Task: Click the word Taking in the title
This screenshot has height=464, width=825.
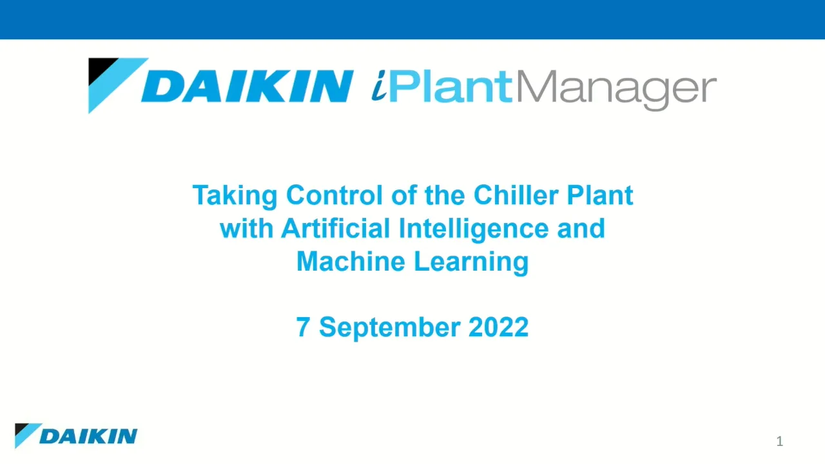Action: (235, 195)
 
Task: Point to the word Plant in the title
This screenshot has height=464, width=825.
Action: (600, 195)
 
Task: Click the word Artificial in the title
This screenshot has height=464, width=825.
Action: (336, 229)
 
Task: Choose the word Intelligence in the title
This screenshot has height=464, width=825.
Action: (474, 229)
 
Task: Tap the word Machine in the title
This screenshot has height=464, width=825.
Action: (351, 262)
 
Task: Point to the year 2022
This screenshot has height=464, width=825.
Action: (498, 327)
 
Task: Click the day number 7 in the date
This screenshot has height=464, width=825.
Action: (303, 327)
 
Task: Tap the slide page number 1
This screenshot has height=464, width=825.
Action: (779, 441)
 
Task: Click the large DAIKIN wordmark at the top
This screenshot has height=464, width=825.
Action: (247, 86)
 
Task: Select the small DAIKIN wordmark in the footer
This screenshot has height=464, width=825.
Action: (88, 436)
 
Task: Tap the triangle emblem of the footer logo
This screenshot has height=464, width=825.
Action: (26, 434)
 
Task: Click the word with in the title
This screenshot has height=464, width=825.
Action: (246, 229)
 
